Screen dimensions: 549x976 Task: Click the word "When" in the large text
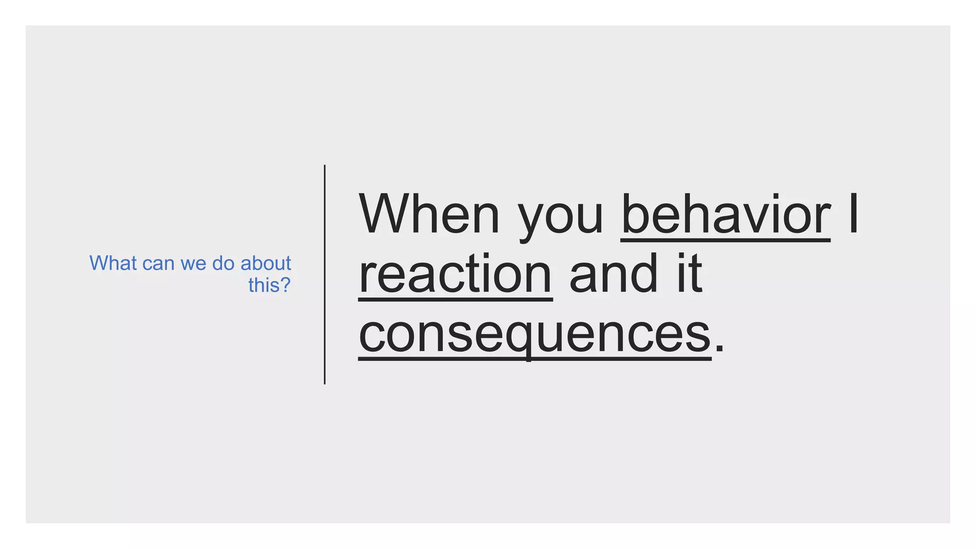click(x=429, y=214)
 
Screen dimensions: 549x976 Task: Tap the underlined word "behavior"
click(x=725, y=214)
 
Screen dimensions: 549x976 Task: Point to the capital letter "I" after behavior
click(x=854, y=214)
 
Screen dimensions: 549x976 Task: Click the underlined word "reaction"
click(x=455, y=274)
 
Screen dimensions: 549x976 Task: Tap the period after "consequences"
click(x=719, y=348)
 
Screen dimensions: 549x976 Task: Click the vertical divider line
click(x=325, y=274)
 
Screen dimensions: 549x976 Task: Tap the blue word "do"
click(x=224, y=263)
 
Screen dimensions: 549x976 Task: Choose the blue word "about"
click(x=265, y=263)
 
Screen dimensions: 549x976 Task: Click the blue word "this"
click(x=263, y=285)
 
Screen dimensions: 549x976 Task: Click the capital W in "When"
click(x=385, y=214)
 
